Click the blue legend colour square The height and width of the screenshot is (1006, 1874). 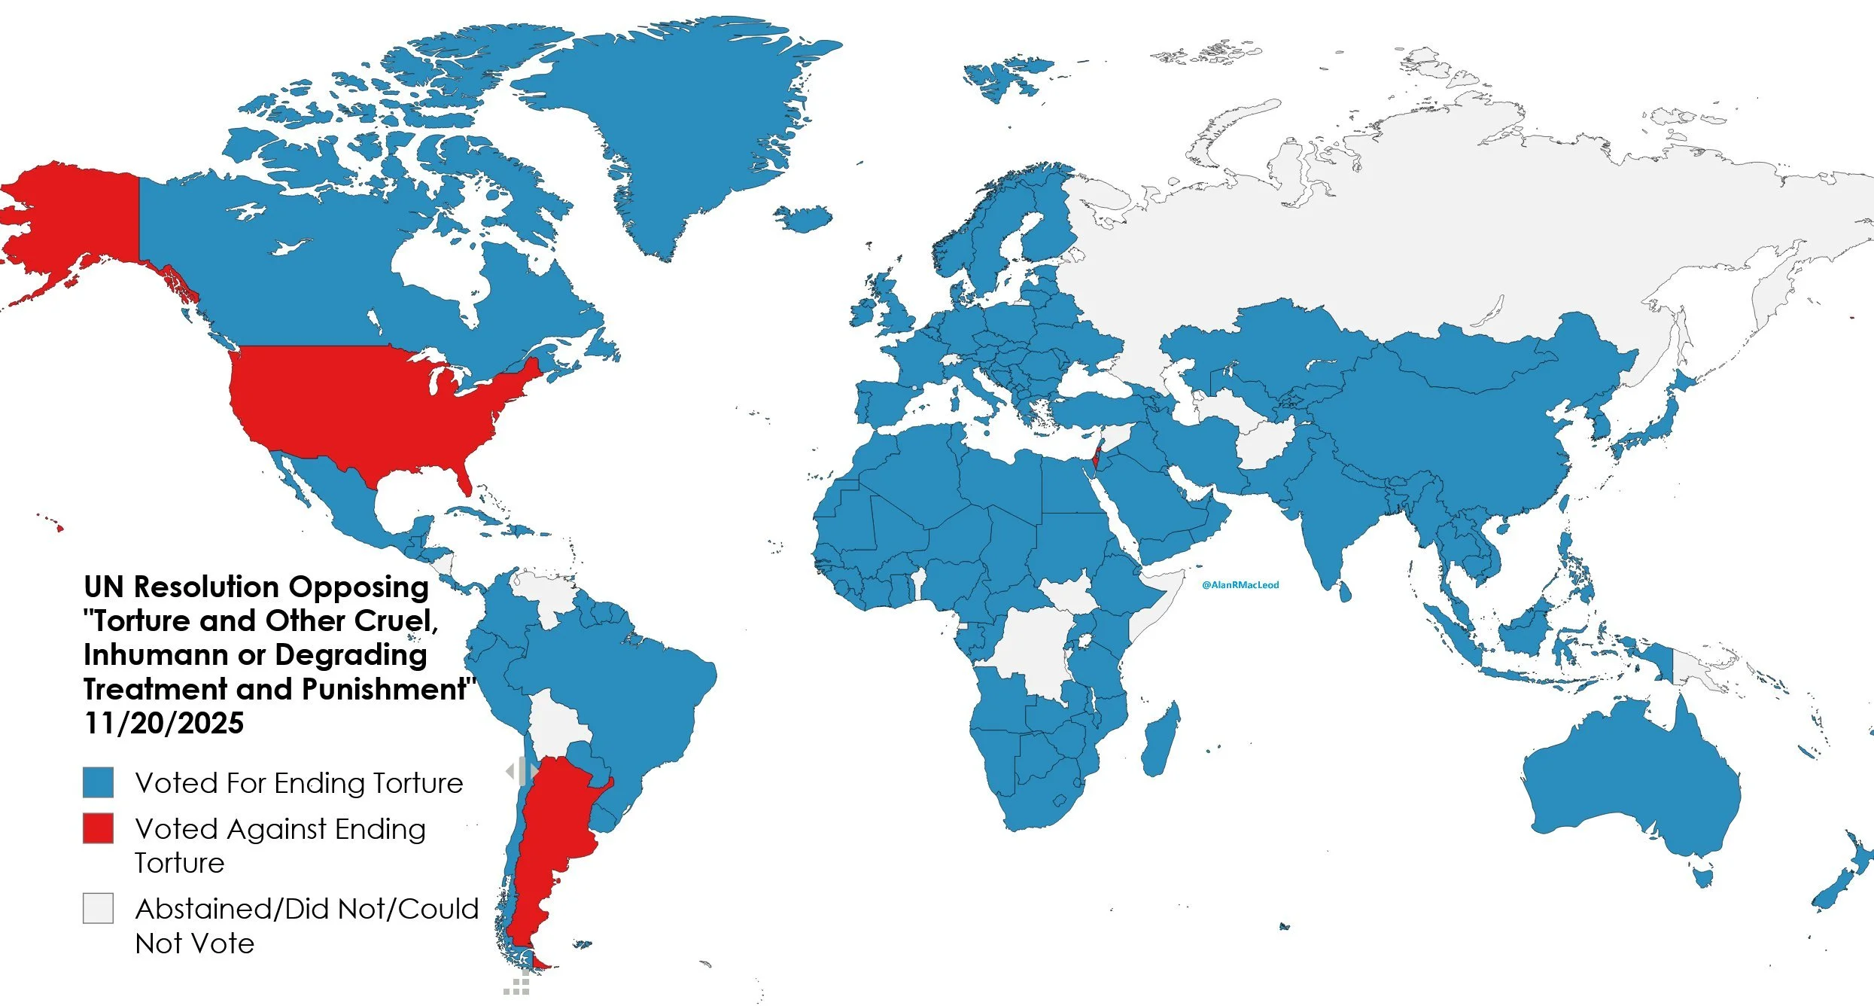click(x=98, y=782)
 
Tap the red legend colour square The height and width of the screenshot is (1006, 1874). click(x=98, y=828)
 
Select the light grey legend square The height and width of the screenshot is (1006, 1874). click(x=98, y=908)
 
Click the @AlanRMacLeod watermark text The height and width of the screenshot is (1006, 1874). click(x=1240, y=585)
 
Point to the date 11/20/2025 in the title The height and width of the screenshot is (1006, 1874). click(x=164, y=723)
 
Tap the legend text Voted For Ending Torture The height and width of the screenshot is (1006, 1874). click(x=299, y=783)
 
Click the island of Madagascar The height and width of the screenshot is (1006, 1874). click(x=1159, y=738)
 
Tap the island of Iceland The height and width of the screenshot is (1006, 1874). click(x=802, y=218)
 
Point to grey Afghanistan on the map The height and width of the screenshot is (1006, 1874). click(x=1264, y=444)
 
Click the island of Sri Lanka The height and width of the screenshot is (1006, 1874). click(x=1344, y=590)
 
